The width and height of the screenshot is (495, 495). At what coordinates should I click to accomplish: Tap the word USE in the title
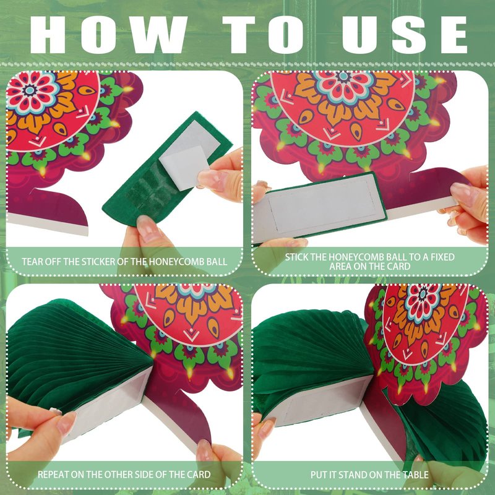405,35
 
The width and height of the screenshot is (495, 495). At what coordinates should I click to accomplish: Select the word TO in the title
263,35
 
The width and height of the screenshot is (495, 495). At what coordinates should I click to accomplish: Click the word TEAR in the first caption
32,262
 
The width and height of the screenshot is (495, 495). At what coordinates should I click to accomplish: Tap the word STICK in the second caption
296,257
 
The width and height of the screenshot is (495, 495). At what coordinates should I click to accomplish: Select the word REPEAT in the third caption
53,475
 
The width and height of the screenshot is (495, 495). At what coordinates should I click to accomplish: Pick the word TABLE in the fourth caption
416,475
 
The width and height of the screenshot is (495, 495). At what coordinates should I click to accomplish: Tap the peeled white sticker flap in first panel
184,166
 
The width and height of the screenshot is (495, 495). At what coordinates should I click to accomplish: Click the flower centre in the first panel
30,90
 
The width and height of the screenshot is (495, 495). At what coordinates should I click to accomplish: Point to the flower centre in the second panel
344,76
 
